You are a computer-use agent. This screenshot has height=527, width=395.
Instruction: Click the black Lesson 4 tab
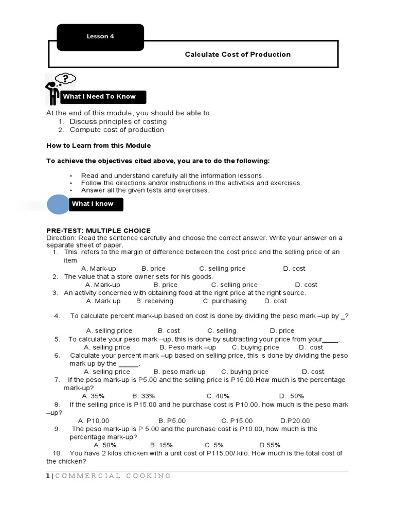(x=100, y=37)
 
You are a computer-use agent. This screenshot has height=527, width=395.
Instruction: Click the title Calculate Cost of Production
(x=238, y=54)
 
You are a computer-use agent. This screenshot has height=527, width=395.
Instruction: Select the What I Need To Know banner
(x=103, y=97)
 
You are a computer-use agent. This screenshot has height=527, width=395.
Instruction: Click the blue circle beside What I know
(x=58, y=204)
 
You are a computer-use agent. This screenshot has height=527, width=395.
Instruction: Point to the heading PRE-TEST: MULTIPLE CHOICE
(x=98, y=231)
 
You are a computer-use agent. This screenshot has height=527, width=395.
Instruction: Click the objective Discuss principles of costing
(x=118, y=121)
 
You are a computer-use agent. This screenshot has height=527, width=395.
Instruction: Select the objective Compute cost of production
(x=117, y=130)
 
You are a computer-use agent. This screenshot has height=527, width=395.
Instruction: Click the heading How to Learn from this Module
(x=98, y=146)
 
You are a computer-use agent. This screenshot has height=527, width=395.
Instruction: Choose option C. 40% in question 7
(x=218, y=396)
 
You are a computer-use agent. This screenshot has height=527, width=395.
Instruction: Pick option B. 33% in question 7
(x=143, y=396)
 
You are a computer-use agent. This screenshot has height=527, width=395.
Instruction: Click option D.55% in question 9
(x=270, y=445)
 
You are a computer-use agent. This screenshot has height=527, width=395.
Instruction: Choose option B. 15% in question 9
(x=161, y=445)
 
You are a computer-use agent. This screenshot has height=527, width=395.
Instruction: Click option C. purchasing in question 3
(x=225, y=301)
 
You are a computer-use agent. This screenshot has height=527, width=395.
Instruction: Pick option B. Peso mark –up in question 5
(x=188, y=347)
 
